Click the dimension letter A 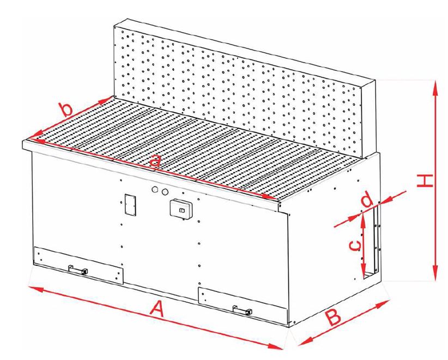click(x=157, y=310)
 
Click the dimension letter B click(x=334, y=317)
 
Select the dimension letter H click(x=425, y=181)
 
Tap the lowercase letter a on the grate click(x=155, y=161)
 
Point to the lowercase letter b click(x=66, y=110)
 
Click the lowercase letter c click(x=355, y=246)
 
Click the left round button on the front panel click(x=155, y=190)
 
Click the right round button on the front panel click(x=164, y=192)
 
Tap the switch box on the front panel click(x=181, y=210)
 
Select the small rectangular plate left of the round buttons click(x=130, y=205)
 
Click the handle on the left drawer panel click(x=78, y=270)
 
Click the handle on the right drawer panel click(x=243, y=310)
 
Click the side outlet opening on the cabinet click(x=371, y=242)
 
